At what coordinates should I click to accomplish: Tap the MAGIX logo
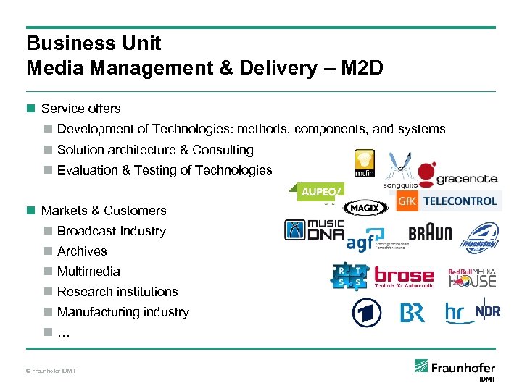pyautogui.click(x=361, y=208)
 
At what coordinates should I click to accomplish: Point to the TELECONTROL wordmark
pyautogui.click(x=460, y=201)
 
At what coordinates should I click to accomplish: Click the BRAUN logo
pyautogui.click(x=430, y=232)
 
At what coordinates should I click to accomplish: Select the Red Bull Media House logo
pyautogui.click(x=472, y=277)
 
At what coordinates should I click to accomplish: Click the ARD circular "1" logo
pyautogui.click(x=366, y=313)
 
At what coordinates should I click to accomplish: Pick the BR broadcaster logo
pyautogui.click(x=413, y=313)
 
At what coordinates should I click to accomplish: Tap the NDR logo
pyautogui.click(x=488, y=311)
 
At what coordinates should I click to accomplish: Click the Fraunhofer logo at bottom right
pyautogui.click(x=455, y=369)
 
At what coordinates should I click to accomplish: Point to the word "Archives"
pyautogui.click(x=82, y=251)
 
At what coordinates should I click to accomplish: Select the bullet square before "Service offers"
pyautogui.click(x=30, y=109)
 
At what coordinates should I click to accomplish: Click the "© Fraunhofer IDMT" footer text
pyautogui.click(x=51, y=371)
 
